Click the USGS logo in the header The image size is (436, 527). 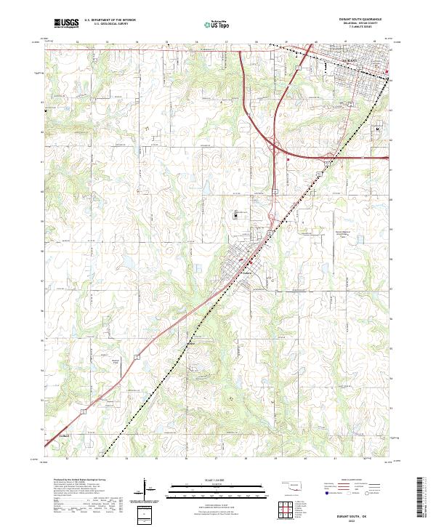(x=66, y=23)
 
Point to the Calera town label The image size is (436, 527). (x=246, y=275)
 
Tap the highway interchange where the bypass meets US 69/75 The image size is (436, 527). (x=279, y=150)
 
